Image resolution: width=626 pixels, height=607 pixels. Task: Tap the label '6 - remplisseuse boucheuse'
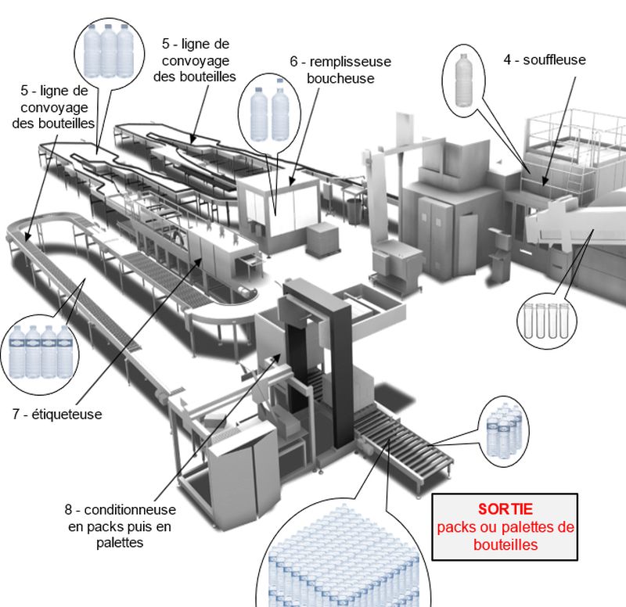pyautogui.click(x=340, y=70)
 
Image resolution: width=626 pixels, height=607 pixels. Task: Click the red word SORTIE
pyautogui.click(x=505, y=509)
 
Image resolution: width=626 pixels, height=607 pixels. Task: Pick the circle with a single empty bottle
pyautogui.click(x=467, y=76)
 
